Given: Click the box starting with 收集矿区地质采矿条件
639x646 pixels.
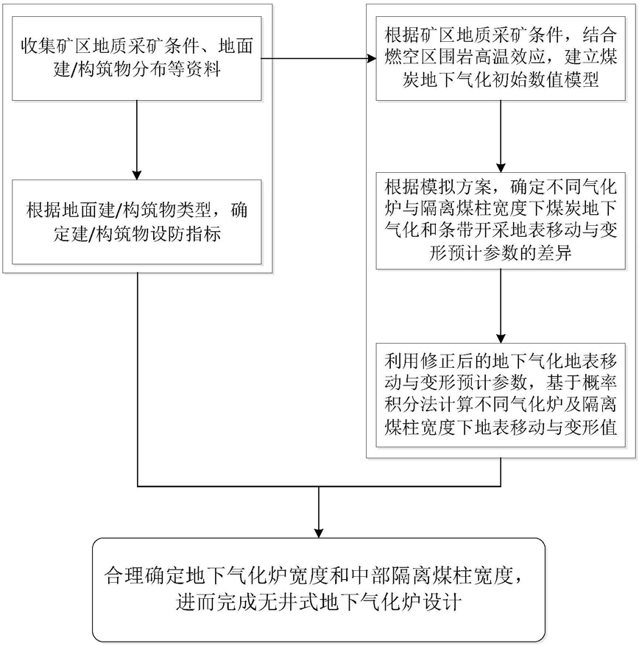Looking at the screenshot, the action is [x=137, y=59].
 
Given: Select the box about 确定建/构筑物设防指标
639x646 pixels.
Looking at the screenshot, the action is [x=137, y=222].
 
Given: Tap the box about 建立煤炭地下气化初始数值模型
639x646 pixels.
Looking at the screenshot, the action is [x=501, y=59].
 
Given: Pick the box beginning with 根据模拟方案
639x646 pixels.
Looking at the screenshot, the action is [x=501, y=221].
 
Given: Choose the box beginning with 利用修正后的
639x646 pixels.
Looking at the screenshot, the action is [x=501, y=395].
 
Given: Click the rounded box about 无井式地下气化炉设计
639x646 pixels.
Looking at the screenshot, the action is [x=319, y=589].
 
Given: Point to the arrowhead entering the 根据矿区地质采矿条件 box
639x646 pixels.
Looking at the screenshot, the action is [x=372, y=59].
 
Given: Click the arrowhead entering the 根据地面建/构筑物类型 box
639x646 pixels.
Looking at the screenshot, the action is [x=137, y=175].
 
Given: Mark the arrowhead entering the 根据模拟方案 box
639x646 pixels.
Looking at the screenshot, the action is [x=501, y=168].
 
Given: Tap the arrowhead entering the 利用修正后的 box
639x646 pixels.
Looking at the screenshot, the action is [x=501, y=338].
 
